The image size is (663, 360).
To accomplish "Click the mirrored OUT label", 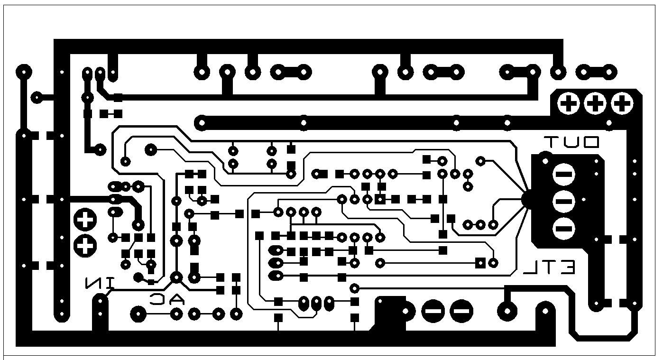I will (x=571, y=142).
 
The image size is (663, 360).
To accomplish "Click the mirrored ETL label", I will (x=549, y=268).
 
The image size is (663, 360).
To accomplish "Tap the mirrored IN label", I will (x=100, y=283).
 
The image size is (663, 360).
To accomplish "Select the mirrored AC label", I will (x=166, y=299).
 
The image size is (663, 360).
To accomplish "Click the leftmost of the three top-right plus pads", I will (x=568, y=103).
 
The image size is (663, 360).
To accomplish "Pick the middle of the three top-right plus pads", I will (x=595, y=103).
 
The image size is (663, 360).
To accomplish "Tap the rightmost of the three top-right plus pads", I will (x=622, y=103).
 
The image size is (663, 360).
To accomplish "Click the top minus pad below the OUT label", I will (x=564, y=175).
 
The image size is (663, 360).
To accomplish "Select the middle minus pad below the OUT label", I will (x=564, y=202).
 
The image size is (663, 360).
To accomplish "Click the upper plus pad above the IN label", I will (x=85, y=219).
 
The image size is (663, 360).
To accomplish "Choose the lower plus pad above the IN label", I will (x=85, y=245).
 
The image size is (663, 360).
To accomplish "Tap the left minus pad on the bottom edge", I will (x=433, y=312).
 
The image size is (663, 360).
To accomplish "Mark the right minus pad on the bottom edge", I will (x=461, y=312).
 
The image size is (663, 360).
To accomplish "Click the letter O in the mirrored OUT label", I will (x=591, y=142).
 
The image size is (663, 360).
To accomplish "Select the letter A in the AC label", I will (x=176, y=299).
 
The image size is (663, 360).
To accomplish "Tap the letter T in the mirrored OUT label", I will (x=552, y=142).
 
